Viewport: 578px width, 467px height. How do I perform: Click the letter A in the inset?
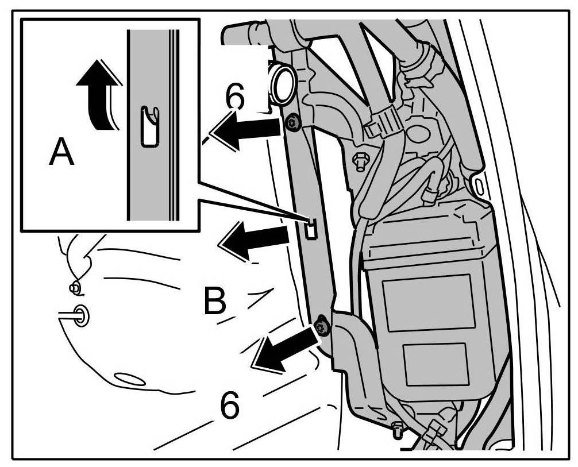coord(61,153)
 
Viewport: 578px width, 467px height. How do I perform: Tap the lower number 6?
coord(230,406)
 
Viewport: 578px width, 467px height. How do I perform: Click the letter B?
coord(215,302)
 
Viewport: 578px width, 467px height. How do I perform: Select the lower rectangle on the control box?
coord(435,364)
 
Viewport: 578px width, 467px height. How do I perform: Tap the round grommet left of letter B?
coord(81,315)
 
